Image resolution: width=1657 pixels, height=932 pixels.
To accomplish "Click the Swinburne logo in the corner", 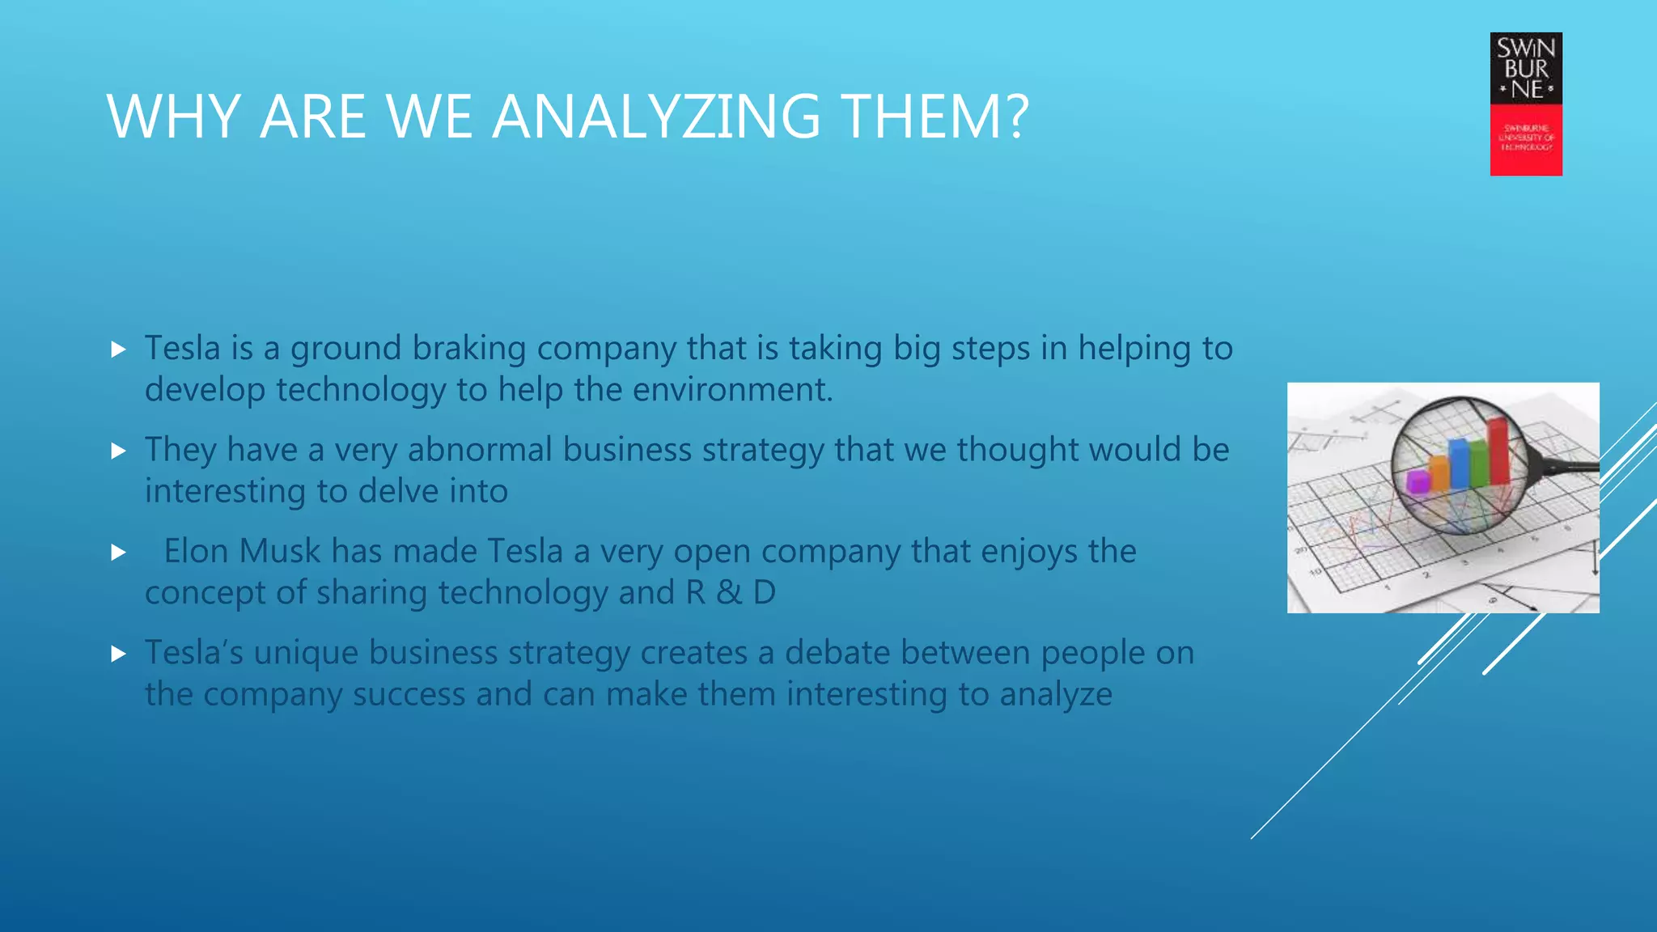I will (x=1526, y=104).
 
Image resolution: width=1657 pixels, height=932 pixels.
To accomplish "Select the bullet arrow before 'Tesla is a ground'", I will (x=119, y=349).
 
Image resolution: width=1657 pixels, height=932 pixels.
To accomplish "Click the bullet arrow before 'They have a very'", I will (x=119, y=451).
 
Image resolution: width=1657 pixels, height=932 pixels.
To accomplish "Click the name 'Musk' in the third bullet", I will (x=280, y=552).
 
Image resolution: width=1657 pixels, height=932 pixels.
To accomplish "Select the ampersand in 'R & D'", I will (x=728, y=593).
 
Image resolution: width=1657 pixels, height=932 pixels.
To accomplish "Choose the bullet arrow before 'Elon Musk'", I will (x=119, y=553).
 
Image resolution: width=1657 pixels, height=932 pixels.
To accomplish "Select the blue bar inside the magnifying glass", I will (x=1459, y=463).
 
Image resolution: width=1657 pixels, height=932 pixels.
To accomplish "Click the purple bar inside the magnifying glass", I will (x=1418, y=481).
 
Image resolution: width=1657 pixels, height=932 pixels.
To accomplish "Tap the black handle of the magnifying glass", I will (x=1570, y=467).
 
